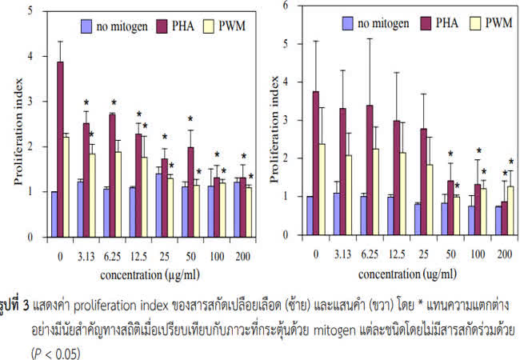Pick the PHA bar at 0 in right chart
click(x=315, y=164)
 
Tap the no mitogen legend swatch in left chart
click(x=87, y=27)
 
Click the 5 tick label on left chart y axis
click(x=30, y=11)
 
